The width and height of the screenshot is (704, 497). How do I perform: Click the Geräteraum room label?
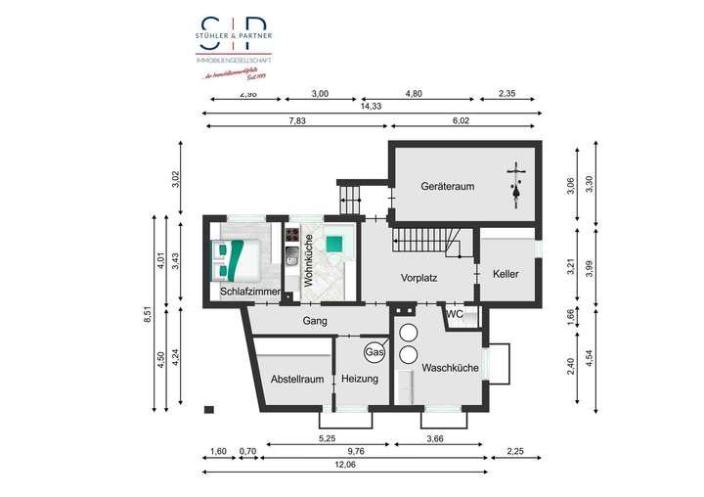pyautogui.click(x=447, y=186)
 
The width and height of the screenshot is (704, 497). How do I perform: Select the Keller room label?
pyautogui.click(x=506, y=274)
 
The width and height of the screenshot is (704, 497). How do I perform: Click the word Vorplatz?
pyautogui.click(x=418, y=278)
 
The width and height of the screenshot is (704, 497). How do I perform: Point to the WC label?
pyautogui.click(x=454, y=314)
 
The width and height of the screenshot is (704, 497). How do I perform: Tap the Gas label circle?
pyautogui.click(x=374, y=351)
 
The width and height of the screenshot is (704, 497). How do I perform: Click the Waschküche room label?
pyautogui.click(x=450, y=368)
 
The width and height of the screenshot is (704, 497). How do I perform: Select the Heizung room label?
pyautogui.click(x=360, y=379)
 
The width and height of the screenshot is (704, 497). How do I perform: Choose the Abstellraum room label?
pyautogui.click(x=297, y=379)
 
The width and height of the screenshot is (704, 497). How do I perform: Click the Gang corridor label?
pyautogui.click(x=314, y=320)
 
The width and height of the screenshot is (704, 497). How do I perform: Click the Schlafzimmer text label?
pyautogui.click(x=250, y=292)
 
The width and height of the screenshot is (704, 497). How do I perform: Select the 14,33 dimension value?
pyautogui.click(x=371, y=106)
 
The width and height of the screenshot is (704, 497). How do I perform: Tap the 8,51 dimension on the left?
pyautogui.click(x=147, y=314)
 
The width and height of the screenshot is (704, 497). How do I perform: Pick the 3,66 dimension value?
pyautogui.click(x=436, y=439)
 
